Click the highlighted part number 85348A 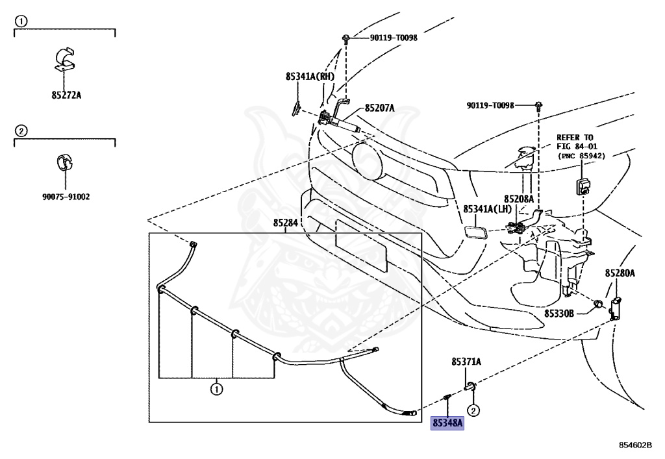(x=447, y=423)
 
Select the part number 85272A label (x=66, y=95)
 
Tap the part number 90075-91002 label (x=66, y=196)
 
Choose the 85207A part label (x=379, y=108)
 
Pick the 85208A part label (x=518, y=199)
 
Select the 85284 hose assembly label (x=285, y=223)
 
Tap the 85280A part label (x=620, y=273)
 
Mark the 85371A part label (x=466, y=361)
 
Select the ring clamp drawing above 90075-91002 (x=65, y=162)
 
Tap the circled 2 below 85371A (x=473, y=410)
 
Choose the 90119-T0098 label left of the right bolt (x=490, y=105)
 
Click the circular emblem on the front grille (x=366, y=160)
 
